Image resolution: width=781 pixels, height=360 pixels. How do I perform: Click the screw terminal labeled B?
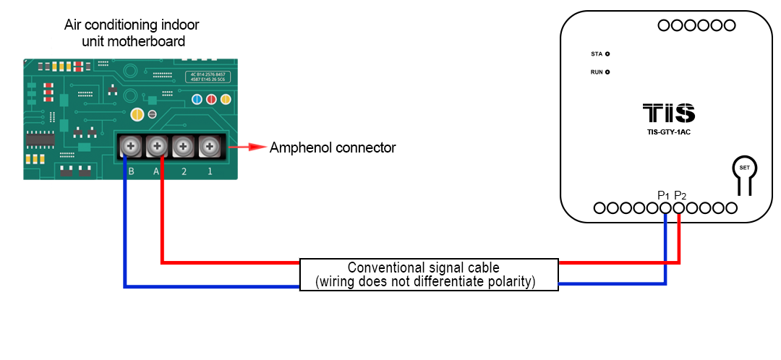[131, 147]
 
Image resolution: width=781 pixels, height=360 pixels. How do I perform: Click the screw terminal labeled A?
[157, 147]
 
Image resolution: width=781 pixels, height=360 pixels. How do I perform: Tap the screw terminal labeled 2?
[184, 147]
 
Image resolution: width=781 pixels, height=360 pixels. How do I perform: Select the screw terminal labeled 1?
[210, 147]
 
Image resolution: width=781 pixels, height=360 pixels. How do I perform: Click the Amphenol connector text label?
[333, 148]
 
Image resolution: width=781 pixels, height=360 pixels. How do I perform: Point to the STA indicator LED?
[607, 54]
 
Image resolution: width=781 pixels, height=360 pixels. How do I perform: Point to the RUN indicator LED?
[607, 72]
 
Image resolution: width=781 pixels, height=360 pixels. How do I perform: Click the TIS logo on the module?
[669, 113]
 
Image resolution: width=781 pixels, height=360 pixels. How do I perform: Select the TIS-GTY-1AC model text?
[669, 132]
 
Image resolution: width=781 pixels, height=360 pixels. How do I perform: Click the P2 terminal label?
[680, 195]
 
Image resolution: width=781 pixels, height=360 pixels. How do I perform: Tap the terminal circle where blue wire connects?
[666, 208]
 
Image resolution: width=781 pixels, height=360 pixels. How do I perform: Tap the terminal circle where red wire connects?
[679, 208]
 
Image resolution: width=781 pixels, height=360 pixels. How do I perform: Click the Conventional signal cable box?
[429, 275]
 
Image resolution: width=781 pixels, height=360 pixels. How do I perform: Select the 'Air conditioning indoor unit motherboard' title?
[132, 33]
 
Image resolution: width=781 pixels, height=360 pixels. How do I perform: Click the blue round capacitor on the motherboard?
[196, 99]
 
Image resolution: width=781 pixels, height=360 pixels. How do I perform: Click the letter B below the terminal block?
[131, 171]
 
